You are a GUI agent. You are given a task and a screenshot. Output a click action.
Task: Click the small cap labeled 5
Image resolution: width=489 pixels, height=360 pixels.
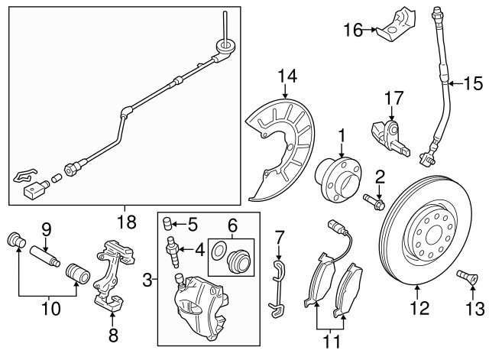170,223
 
